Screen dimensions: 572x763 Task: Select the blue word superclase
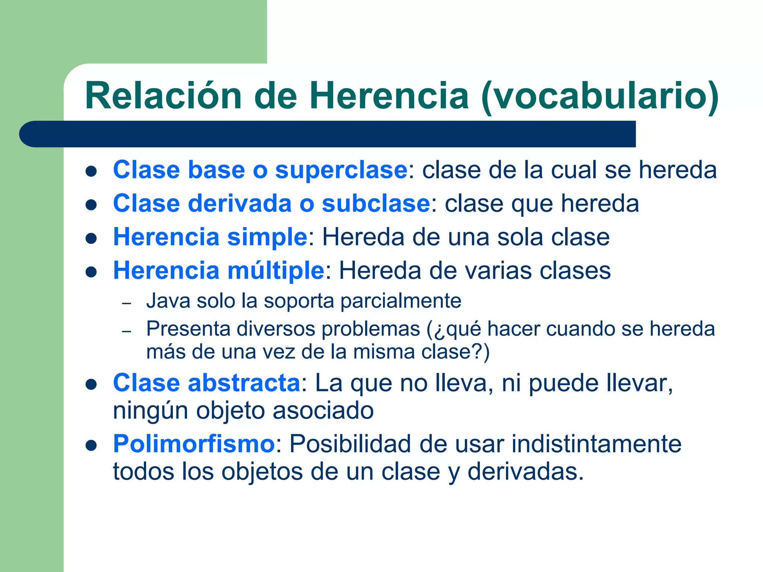pos(341,170)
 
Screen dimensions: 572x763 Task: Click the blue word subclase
pos(376,204)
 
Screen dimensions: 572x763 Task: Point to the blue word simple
pos(267,237)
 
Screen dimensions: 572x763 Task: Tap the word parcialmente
pos(401,301)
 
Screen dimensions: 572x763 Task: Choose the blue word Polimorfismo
pos(194,444)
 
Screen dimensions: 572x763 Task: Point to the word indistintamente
pos(596,444)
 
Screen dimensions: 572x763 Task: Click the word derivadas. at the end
pos(525,472)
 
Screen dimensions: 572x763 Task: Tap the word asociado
pos(323,411)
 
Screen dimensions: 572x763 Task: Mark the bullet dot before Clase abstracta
pos(91,384)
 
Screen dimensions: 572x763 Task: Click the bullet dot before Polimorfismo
pos(91,445)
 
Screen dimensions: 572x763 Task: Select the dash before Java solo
pos(127,303)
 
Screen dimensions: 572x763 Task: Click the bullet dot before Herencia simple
pos(91,238)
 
